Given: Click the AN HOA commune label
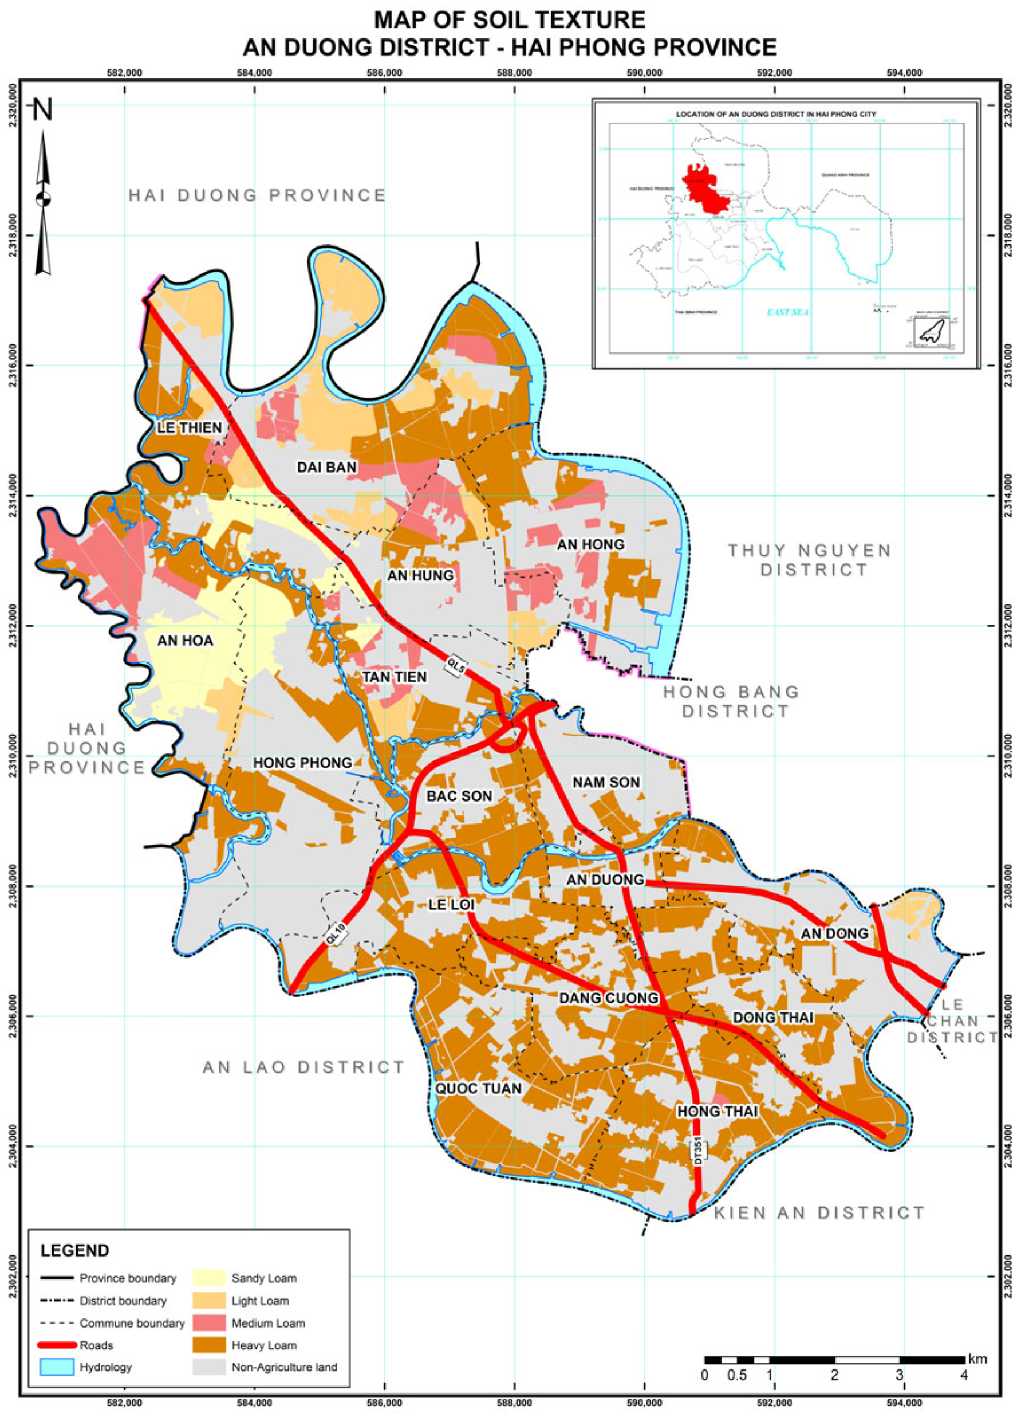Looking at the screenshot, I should tap(186, 641).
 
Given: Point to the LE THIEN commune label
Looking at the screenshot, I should tap(189, 427).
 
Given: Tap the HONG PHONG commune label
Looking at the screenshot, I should tap(302, 763).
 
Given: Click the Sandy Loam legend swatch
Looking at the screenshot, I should tap(208, 1278).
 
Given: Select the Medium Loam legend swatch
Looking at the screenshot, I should tap(208, 1322).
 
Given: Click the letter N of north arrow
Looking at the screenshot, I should tap(42, 109).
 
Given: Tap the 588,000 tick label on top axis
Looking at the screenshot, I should tap(514, 73).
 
